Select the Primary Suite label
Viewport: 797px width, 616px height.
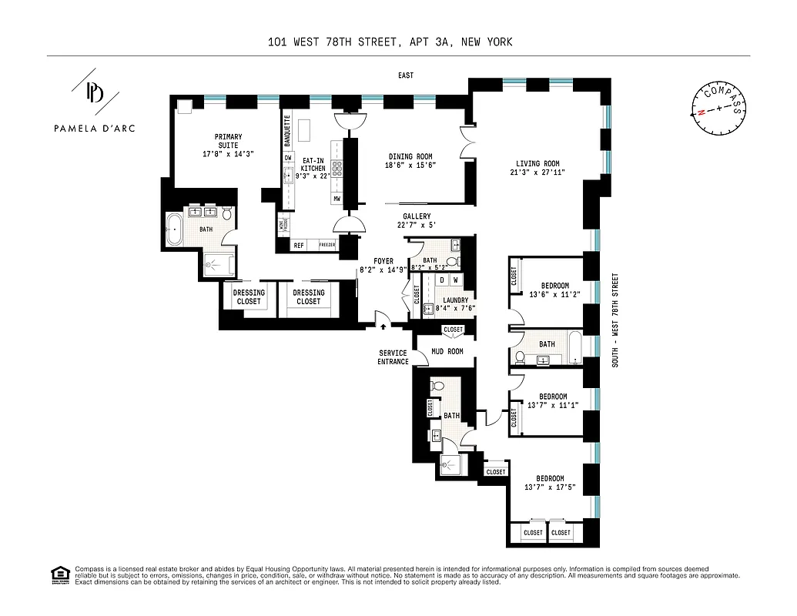pos(227,141)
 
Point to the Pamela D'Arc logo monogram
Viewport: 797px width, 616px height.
pos(95,94)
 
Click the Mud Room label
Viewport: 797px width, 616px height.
pos(447,351)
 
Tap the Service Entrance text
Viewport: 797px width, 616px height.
pos(393,357)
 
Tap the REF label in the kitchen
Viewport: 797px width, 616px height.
pos(299,246)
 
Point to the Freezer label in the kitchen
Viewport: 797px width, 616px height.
pos(327,246)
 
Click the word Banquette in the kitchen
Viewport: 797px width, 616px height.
pos(287,131)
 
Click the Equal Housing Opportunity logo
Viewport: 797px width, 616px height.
pos(59,574)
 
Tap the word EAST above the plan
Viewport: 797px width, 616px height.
pos(406,75)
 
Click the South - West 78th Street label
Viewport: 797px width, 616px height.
pos(615,319)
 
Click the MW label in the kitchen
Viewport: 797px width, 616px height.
pos(337,199)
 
